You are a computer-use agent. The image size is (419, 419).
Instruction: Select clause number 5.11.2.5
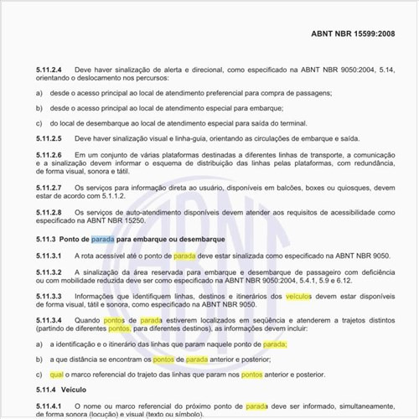[49, 137]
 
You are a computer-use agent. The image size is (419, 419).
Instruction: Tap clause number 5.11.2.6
[49, 155]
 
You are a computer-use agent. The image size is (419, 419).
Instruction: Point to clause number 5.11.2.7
[49, 187]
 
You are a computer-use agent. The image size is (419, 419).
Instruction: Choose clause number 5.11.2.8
[49, 212]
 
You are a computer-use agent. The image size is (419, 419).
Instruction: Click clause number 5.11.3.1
[49, 255]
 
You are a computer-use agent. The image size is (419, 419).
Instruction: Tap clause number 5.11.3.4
[49, 320]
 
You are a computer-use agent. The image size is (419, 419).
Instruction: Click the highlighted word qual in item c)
[56, 375]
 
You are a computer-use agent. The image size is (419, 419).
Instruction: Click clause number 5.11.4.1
[49, 406]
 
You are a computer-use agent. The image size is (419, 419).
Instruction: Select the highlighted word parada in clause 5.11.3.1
[184, 255]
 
